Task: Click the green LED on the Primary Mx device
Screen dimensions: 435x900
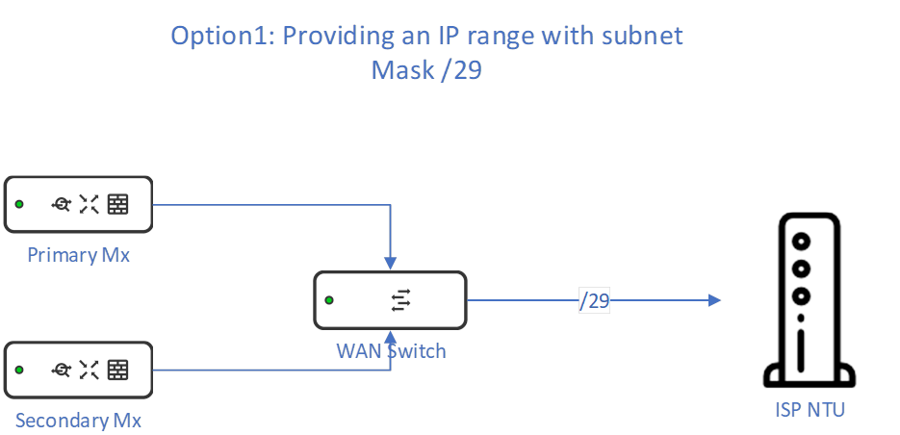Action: (x=19, y=204)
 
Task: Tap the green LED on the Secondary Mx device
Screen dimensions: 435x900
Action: (x=19, y=370)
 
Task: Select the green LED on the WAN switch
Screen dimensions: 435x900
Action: (x=329, y=301)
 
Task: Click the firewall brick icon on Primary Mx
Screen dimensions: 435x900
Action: (x=117, y=204)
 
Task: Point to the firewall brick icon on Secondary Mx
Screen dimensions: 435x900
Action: (x=117, y=370)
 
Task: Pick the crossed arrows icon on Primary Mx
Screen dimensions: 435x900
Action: (x=90, y=204)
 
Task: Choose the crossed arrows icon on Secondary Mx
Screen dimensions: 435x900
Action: (x=90, y=370)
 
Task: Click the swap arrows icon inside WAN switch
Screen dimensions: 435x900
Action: (x=400, y=301)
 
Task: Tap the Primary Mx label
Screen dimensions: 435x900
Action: (x=78, y=255)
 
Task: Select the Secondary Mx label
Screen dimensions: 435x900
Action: (x=78, y=421)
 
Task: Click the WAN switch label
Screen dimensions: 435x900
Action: (x=392, y=350)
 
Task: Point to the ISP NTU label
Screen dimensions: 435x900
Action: (x=810, y=410)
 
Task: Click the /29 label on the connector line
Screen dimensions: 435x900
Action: (x=595, y=301)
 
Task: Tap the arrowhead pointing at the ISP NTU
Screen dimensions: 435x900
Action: (x=715, y=301)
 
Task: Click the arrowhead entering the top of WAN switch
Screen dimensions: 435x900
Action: (x=391, y=263)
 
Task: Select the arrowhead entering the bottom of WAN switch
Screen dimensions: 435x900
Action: (x=391, y=337)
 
